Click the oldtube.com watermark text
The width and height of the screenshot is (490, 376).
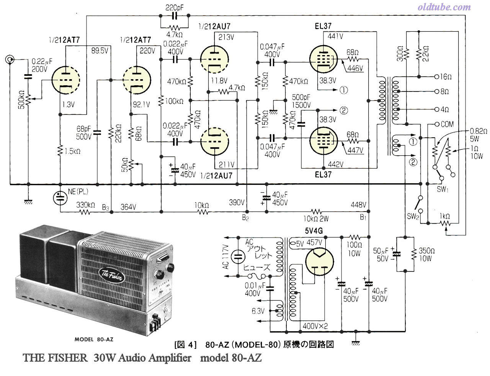coord(444,7)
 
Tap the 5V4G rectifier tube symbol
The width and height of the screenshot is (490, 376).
coord(319,262)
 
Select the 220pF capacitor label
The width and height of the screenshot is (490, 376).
coord(174,8)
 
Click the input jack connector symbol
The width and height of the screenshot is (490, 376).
coord(10,59)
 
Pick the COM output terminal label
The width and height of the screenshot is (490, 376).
coord(447,124)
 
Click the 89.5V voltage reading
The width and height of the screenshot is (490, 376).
coord(100,50)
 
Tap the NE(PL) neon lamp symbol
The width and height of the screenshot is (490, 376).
coord(60,198)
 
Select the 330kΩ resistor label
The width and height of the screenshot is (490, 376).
coord(85,205)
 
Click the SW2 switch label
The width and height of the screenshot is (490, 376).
coord(413,216)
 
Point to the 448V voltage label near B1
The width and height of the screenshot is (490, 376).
coord(358,205)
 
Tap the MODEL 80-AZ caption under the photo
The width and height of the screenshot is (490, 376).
coord(94,339)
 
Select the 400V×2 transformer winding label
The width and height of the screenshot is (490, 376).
coord(315,326)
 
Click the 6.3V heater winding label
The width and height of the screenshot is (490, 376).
coord(258,311)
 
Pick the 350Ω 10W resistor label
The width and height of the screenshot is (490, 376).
coord(426,254)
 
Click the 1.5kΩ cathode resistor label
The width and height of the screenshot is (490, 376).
coord(72,151)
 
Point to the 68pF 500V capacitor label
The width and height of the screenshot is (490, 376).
coord(84,133)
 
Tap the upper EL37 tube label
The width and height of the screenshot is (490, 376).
coord(323,26)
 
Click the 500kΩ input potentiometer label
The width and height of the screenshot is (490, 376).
coord(22,99)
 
